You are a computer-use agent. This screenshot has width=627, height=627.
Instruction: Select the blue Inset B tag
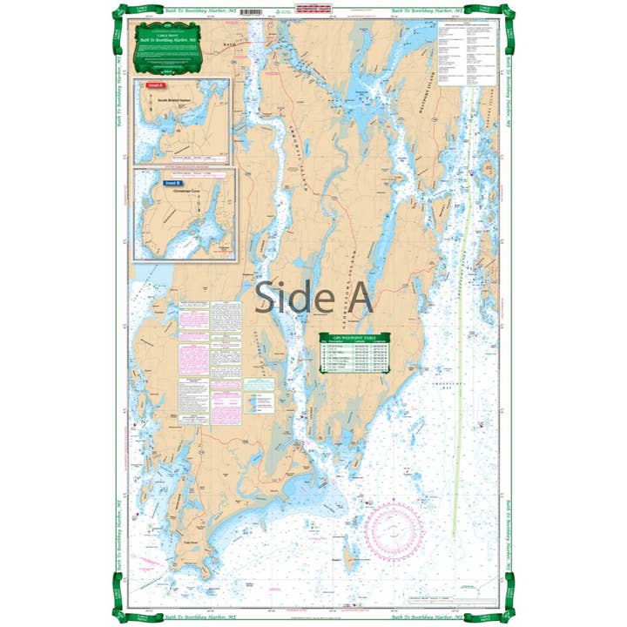(x=173, y=184)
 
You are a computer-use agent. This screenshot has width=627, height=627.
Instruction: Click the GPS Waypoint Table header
(x=354, y=337)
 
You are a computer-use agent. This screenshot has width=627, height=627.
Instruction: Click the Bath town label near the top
(x=229, y=42)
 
